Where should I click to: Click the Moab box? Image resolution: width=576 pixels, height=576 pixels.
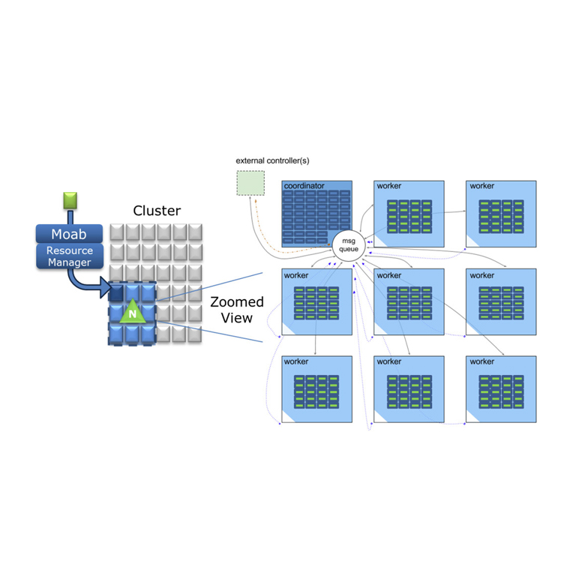coord(69,234)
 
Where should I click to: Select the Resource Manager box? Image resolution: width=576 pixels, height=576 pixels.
coord(69,256)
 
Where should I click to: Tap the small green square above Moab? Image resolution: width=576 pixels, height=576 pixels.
coord(70,200)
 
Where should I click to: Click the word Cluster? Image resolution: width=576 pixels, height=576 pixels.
coord(157,211)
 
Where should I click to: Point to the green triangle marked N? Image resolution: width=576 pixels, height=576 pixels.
coord(132,311)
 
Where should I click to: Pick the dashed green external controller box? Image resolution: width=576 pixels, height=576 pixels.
coord(250,184)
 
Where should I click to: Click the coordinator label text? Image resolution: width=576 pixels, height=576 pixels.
coord(304,185)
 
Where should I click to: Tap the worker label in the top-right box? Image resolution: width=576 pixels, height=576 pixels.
coord(482,185)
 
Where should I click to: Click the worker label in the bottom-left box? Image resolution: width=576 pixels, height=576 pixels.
coord(296,361)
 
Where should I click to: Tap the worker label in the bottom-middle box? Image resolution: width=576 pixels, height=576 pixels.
coord(389,361)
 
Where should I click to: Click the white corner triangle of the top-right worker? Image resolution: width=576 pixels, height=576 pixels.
coord(472,241)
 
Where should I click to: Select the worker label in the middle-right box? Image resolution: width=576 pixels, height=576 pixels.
coord(482,275)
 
